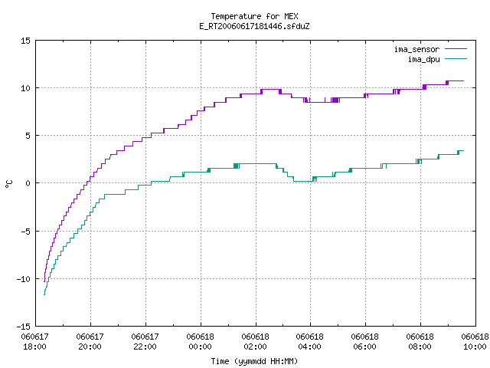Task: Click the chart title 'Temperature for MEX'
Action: [254, 16]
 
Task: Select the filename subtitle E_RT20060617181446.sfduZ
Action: [254, 26]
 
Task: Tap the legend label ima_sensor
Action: [416, 49]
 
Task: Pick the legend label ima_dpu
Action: [423, 59]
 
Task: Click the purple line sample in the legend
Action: [456, 49]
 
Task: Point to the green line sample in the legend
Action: [456, 58]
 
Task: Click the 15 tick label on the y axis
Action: [25, 41]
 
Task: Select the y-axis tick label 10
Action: [25, 88]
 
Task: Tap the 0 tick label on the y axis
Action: [28, 183]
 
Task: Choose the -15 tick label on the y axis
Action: [24, 327]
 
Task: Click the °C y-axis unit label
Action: [8, 184]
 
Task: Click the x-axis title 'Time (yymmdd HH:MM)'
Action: [254, 361]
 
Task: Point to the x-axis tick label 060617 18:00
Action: [34, 342]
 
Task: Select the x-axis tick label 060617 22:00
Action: [145, 342]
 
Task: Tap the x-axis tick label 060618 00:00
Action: [200, 342]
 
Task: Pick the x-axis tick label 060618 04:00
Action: [309, 342]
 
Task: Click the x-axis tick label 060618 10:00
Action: [475, 342]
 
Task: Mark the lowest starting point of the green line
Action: [44, 294]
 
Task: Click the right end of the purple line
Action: [464, 80]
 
